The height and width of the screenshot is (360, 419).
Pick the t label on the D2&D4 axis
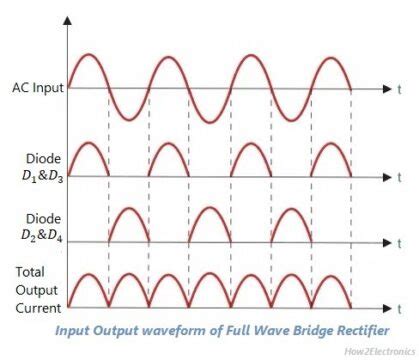pos(401,242)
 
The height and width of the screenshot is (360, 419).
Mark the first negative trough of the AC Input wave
pos(128,121)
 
